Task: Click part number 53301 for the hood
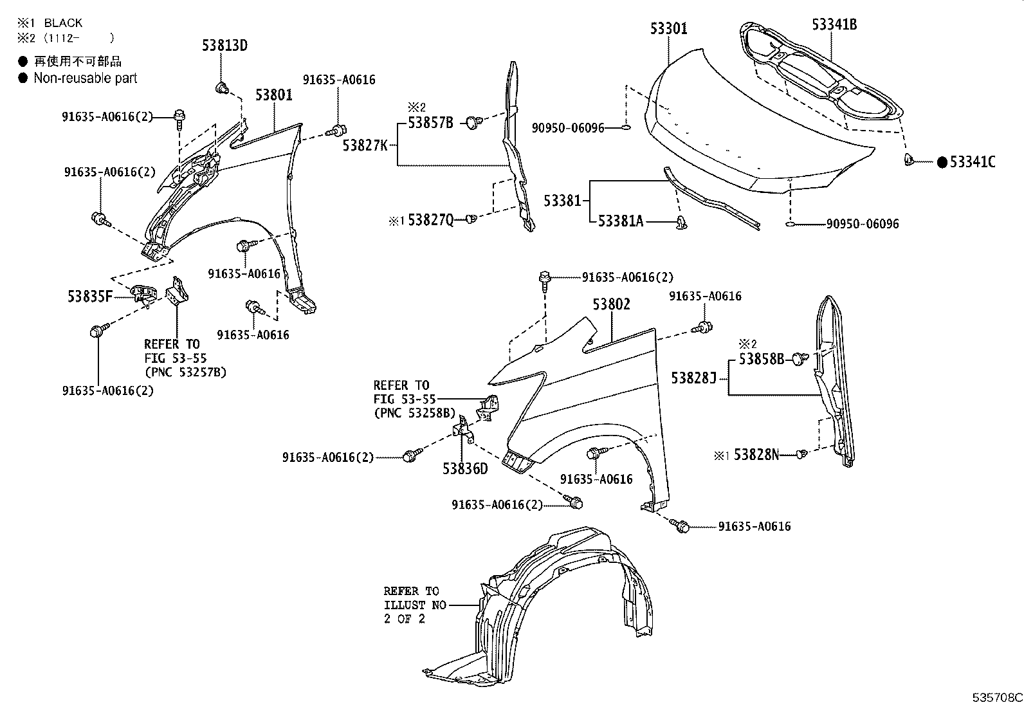pyautogui.click(x=668, y=28)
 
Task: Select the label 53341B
pyautogui.click(x=834, y=24)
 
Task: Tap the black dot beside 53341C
pyautogui.click(x=942, y=162)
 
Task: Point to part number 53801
pyautogui.click(x=273, y=95)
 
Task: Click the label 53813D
pyautogui.click(x=224, y=46)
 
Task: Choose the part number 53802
pyautogui.click(x=611, y=304)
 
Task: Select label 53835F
pyautogui.click(x=89, y=297)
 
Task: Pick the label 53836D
pyautogui.click(x=464, y=468)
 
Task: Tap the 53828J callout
pyautogui.click(x=693, y=378)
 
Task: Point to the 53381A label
pyautogui.click(x=620, y=221)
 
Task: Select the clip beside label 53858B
pyautogui.click(x=800, y=358)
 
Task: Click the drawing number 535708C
pyautogui.click(x=996, y=697)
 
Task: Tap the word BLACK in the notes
pyautogui.click(x=63, y=23)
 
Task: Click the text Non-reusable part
pyautogui.click(x=85, y=78)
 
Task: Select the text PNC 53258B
pyautogui.click(x=414, y=413)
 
